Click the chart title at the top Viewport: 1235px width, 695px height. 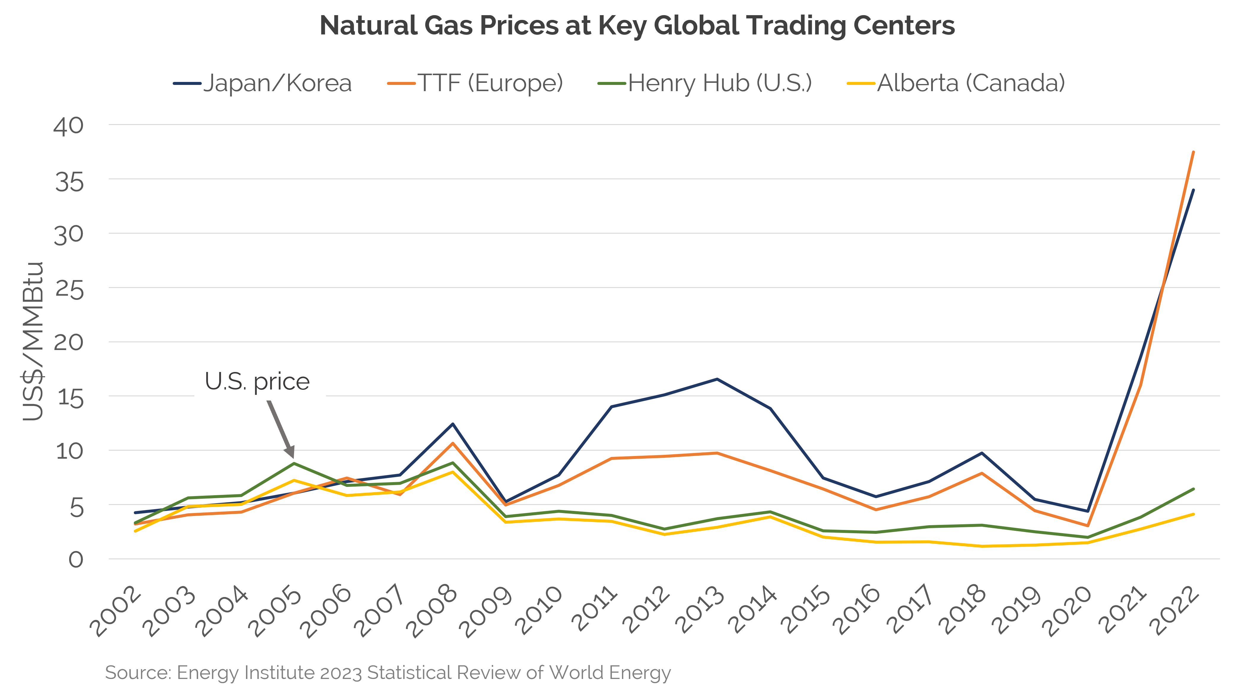(637, 26)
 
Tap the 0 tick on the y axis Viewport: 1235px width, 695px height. (76, 560)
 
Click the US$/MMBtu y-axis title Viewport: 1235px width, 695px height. (33, 341)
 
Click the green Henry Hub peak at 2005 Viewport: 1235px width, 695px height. (293, 463)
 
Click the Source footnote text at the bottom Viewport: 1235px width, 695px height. (387, 672)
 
